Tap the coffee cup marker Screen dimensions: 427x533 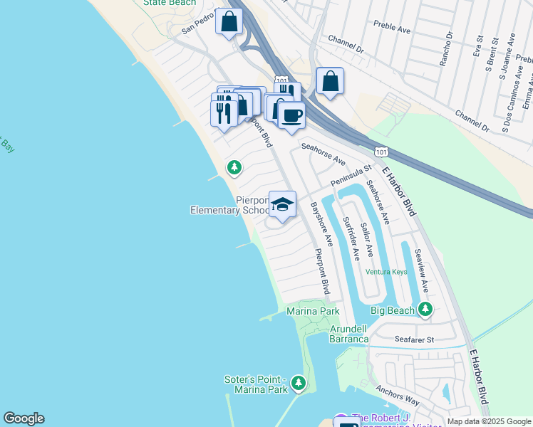coord(291,115)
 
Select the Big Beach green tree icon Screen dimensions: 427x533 coord(426,310)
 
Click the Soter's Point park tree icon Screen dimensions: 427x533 coord(299,384)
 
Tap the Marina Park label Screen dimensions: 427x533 coord(313,311)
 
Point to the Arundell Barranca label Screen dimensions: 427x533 coord(349,334)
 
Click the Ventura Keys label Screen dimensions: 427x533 coord(386,272)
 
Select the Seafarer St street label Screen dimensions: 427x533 coord(415,340)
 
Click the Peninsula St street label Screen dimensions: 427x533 coord(351,177)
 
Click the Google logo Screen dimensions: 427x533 coord(24,418)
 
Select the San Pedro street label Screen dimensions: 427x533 coord(197,25)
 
